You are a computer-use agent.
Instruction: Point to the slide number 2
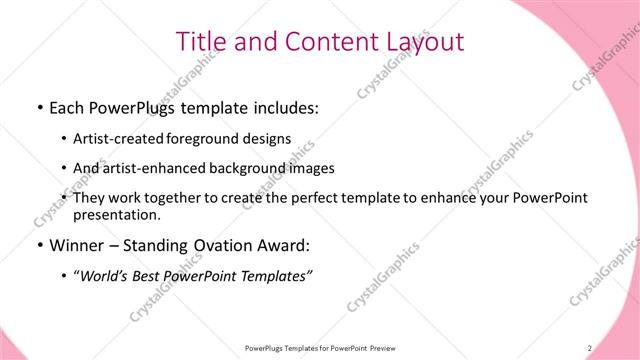[x=590, y=347]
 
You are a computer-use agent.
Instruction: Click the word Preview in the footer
[x=381, y=347]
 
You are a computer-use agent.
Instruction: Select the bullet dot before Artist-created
[x=65, y=140]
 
